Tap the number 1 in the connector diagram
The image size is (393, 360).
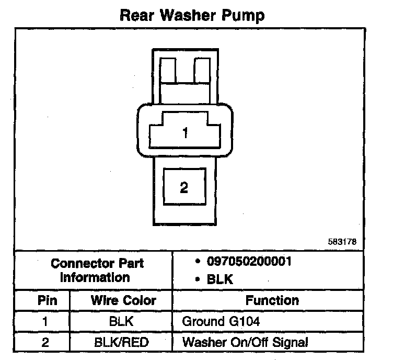click(184, 133)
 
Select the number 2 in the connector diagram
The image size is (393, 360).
click(183, 187)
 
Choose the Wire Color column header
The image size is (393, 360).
click(123, 300)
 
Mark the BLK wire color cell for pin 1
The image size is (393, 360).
click(121, 321)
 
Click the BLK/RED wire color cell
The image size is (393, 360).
click(121, 343)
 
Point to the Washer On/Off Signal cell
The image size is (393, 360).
click(245, 343)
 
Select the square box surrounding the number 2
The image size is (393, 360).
click(183, 187)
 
